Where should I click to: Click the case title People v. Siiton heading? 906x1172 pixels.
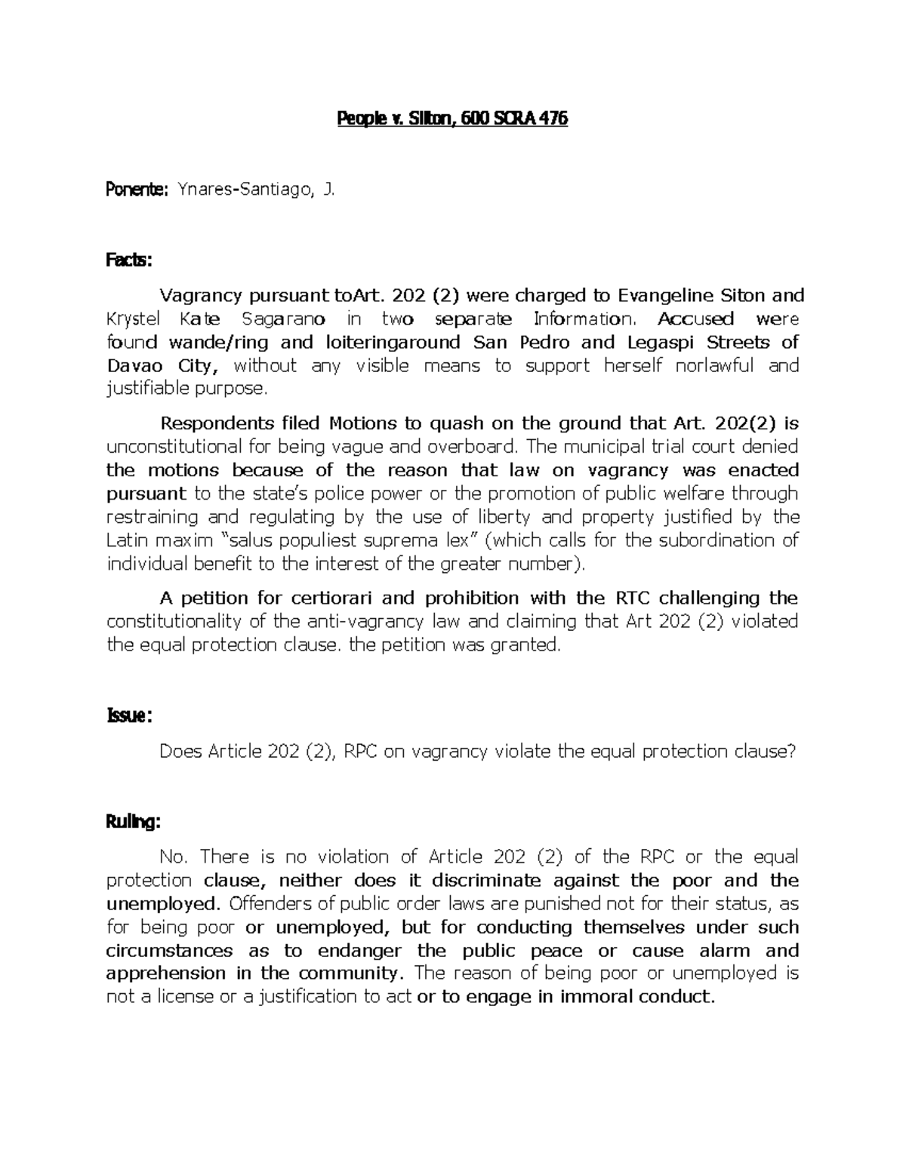451,118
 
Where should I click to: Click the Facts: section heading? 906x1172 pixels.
128,261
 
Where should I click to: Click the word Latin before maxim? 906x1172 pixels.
128,540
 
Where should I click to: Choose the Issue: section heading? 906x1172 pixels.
129,716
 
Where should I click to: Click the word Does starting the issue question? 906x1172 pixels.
180,752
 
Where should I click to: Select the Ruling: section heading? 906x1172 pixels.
133,823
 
